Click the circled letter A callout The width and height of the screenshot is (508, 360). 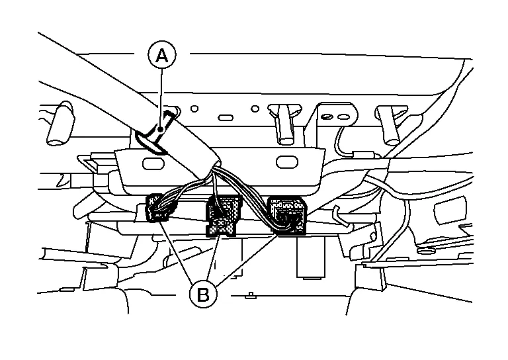click(161, 56)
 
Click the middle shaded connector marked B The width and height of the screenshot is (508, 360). click(222, 215)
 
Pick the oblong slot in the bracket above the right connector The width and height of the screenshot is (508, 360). click(287, 161)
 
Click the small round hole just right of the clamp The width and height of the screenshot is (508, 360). click(194, 108)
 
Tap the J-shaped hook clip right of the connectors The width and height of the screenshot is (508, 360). click(338, 214)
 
